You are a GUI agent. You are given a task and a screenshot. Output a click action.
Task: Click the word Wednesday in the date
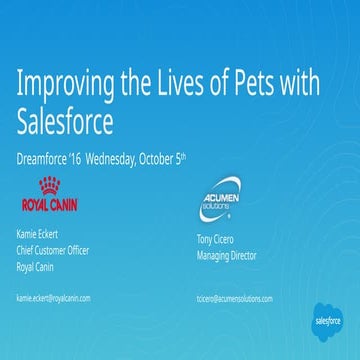[122, 158]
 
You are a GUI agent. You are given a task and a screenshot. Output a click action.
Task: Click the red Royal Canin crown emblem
[48, 186]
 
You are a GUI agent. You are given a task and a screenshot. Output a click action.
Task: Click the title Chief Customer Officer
[53, 251]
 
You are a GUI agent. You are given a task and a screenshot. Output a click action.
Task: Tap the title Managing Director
[227, 256]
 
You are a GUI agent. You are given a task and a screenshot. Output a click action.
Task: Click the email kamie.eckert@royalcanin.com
[54, 298]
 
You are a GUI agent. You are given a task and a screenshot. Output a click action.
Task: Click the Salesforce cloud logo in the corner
[327, 319]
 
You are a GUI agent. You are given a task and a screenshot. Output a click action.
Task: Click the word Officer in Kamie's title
[76, 251]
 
